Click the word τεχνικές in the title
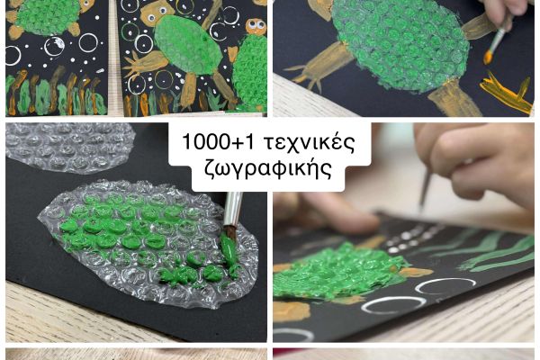(309, 142)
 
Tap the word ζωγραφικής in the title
(268, 168)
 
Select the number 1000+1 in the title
(218, 141)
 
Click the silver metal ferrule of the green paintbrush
(233, 209)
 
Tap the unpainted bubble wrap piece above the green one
(69, 148)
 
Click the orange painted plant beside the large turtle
(506, 93)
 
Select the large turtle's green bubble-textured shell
(400, 43)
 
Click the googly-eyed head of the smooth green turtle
(157, 13)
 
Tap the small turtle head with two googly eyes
(256, 27)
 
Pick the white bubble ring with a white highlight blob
(54, 46)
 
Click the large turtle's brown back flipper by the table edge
(454, 99)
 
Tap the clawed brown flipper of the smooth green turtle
(146, 64)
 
